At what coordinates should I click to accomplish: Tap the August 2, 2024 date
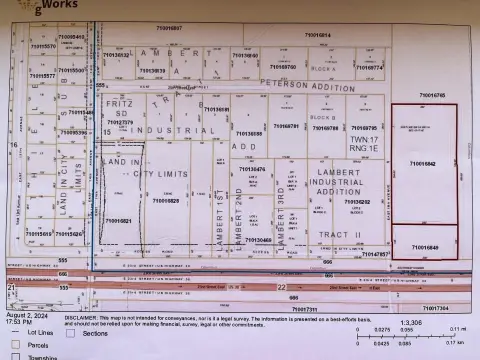26,319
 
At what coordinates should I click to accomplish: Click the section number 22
281,286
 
